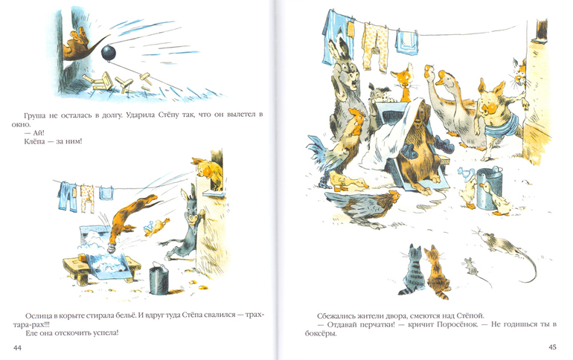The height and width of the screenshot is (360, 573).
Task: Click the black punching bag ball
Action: pos(109,54)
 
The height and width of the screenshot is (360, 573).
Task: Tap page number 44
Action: pos(17,347)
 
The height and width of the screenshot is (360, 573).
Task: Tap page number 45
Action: pos(552,347)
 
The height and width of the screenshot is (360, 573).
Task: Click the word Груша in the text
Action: pos(35,115)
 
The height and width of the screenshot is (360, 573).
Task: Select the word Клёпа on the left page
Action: pos(34,141)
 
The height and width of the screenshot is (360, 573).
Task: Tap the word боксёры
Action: pos(321,333)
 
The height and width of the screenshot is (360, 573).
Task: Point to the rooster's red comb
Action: pos(356,112)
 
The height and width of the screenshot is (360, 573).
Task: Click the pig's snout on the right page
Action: pos(489,107)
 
